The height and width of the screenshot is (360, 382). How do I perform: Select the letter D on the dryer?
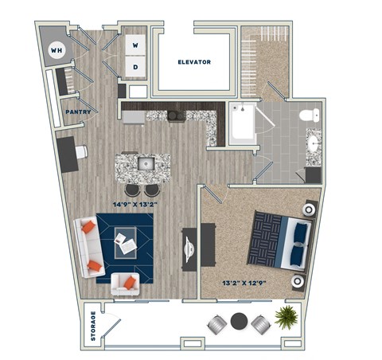tap(134, 68)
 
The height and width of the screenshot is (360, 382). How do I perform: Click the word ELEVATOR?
tap(194, 61)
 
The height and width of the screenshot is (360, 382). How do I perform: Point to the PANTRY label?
tap(77, 112)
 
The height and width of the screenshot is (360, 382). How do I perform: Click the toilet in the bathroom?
tap(308, 116)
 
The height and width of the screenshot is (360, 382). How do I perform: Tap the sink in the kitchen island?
tap(145, 164)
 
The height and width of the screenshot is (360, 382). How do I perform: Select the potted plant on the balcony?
tap(285, 319)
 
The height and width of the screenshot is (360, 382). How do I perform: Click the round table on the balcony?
tap(239, 322)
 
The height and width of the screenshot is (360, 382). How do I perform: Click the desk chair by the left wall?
tap(80, 153)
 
